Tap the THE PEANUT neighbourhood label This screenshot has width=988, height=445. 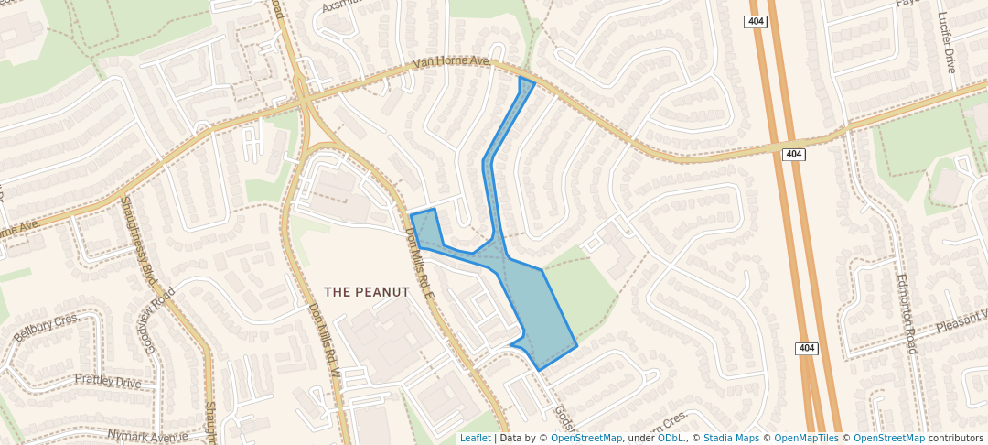[367, 292]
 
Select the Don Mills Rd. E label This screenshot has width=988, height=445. [419, 262]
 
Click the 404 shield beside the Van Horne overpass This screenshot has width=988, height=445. [794, 154]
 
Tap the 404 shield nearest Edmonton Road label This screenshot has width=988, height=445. [805, 348]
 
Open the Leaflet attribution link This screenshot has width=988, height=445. [475, 439]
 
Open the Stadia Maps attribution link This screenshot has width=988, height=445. [731, 439]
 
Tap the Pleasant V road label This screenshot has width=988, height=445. [961, 320]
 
